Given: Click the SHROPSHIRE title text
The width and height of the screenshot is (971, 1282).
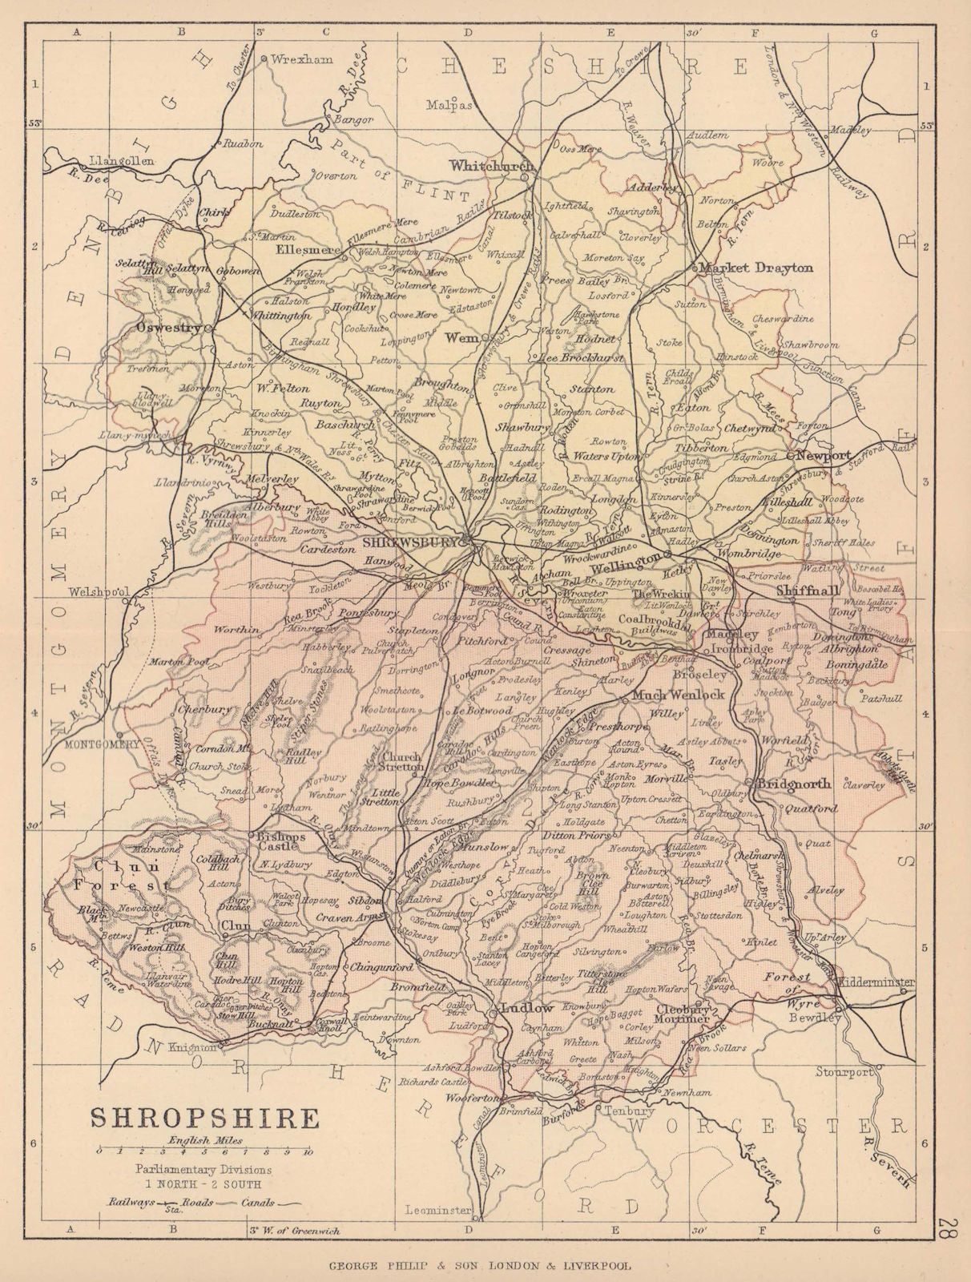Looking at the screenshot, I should point(203,1118).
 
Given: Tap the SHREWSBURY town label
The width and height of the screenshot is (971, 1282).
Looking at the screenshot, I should point(410,542).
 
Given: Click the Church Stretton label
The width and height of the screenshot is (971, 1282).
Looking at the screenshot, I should point(402,761).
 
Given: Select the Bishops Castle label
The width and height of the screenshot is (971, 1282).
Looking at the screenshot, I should point(280,843).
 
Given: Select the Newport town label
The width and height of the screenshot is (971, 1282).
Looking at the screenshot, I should point(824,454).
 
